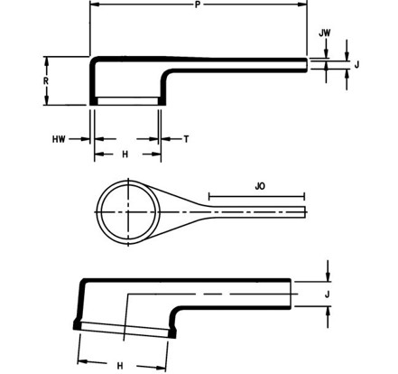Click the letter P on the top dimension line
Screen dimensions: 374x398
click(x=197, y=5)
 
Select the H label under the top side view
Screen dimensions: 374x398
click(x=125, y=154)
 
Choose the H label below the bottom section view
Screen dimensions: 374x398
click(x=119, y=364)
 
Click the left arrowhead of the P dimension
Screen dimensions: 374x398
click(x=95, y=5)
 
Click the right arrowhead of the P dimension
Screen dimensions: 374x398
click(x=303, y=5)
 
